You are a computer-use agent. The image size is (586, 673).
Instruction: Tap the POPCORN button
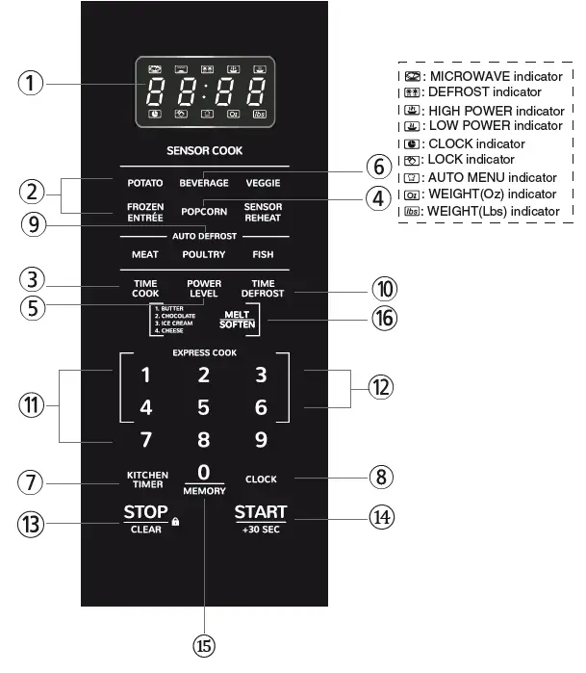pos(204,211)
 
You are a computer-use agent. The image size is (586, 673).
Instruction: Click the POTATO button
pos(145,183)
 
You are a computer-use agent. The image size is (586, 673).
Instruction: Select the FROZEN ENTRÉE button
pos(145,211)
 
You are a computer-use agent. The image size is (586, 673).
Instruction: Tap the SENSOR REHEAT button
pos(263,211)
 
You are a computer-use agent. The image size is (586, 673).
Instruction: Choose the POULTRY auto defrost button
pos(204,255)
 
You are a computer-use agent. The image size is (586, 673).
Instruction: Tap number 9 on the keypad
pos(261,441)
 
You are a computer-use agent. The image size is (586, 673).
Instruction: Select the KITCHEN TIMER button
pos(147,479)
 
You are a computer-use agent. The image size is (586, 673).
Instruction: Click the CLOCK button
pos(261,479)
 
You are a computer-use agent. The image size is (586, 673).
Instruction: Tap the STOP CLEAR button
pos(146,517)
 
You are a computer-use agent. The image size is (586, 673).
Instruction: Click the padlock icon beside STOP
pos(176,522)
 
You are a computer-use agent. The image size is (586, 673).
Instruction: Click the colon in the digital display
pos(205,93)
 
